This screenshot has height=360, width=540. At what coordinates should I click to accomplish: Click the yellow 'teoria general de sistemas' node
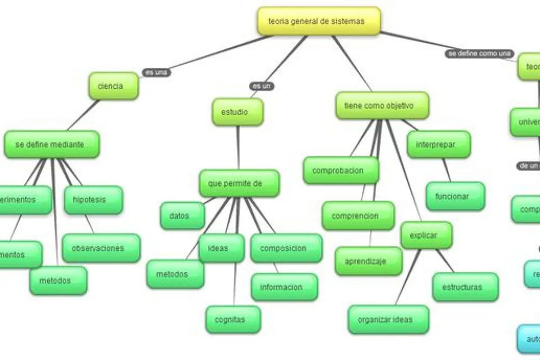click(319, 21)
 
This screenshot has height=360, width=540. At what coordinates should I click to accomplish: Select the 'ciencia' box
click(113, 85)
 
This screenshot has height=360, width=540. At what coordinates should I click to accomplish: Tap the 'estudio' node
click(238, 112)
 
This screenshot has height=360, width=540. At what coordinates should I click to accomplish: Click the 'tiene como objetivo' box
click(382, 106)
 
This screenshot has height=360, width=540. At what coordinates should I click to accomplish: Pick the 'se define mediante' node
click(52, 144)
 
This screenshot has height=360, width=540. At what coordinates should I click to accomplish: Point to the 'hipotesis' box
click(93, 200)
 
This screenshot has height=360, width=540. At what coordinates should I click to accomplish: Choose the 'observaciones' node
click(101, 248)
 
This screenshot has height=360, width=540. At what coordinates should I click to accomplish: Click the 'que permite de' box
click(239, 183)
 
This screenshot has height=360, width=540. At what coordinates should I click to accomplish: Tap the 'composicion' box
click(286, 248)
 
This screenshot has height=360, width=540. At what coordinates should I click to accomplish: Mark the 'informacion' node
click(284, 287)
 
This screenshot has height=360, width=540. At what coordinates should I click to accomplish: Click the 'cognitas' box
click(233, 319)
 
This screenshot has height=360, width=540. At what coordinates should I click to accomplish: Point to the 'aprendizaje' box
click(369, 261)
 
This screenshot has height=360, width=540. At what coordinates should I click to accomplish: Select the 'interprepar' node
click(439, 144)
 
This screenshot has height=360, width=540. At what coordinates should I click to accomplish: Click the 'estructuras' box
click(465, 287)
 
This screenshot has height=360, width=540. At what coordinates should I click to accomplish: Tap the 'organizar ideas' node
click(388, 319)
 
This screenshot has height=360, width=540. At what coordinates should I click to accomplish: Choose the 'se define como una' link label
click(480, 54)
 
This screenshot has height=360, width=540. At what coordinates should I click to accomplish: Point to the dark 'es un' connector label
click(262, 86)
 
